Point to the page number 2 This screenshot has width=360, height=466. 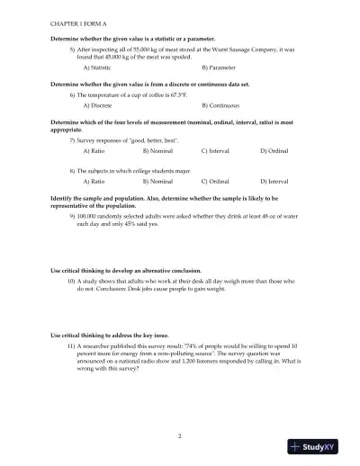[180, 435]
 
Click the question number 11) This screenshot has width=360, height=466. [71, 345]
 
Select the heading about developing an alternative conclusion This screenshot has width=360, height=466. [126, 270]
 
